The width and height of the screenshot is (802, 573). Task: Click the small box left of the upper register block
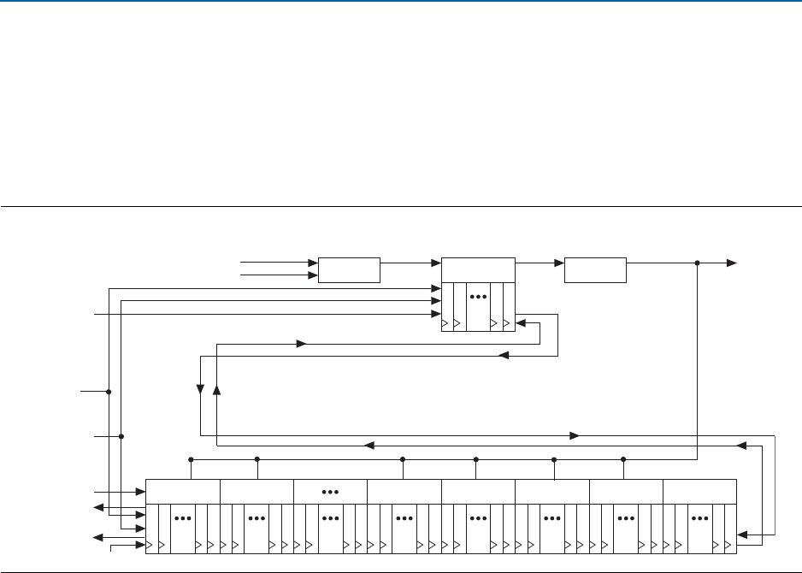350,269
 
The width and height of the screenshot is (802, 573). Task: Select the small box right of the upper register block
595,269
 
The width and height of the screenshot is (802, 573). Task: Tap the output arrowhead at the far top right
732,263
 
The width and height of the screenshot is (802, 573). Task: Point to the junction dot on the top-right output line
698,263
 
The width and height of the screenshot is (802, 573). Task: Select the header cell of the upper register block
478,269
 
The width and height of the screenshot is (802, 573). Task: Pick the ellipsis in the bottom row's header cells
330,492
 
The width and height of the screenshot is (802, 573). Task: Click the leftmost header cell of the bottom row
183,492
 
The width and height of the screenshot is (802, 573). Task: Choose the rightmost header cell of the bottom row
699,492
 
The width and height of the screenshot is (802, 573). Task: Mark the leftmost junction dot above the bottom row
191,459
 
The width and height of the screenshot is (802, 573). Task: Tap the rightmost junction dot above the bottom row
623,459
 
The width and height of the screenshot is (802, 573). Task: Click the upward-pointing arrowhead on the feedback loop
216,390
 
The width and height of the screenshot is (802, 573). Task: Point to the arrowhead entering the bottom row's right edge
742,535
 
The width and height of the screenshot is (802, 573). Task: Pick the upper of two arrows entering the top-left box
313,262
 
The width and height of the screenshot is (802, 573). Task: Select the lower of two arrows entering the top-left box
313,275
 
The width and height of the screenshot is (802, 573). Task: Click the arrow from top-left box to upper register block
435,263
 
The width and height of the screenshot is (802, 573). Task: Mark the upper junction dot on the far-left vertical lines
109,392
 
